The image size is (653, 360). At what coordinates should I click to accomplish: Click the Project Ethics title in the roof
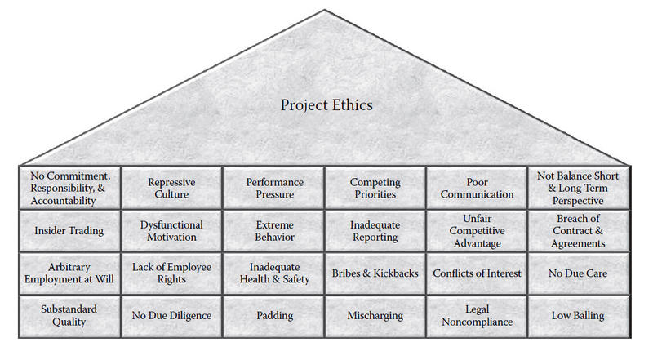(326, 105)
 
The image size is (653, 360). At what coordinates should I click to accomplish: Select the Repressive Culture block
(171, 188)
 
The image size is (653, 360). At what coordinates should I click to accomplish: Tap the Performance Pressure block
(274, 188)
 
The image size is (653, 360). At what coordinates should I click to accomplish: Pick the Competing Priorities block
(375, 188)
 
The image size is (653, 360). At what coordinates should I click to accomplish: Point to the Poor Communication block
(477, 188)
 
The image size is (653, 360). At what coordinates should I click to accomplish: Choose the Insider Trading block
(69, 231)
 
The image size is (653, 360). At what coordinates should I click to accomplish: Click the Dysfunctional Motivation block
(171, 231)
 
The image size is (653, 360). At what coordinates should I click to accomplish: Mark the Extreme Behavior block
(274, 231)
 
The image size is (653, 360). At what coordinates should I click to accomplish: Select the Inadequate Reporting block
(375, 231)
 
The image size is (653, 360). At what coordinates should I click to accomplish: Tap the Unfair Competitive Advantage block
(477, 231)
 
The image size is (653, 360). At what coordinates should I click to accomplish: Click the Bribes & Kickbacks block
(375, 273)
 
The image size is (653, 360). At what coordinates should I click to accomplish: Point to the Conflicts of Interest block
(477, 273)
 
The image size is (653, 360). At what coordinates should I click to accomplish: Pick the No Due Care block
(579, 273)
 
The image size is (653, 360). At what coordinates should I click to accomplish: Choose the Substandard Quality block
(69, 316)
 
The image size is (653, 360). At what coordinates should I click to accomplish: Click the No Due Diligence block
(171, 316)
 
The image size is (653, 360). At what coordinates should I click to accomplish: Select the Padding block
(274, 316)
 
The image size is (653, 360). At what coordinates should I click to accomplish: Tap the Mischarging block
(375, 316)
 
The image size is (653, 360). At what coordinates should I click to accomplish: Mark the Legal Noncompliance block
(477, 316)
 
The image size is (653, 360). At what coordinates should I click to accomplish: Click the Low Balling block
(579, 316)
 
